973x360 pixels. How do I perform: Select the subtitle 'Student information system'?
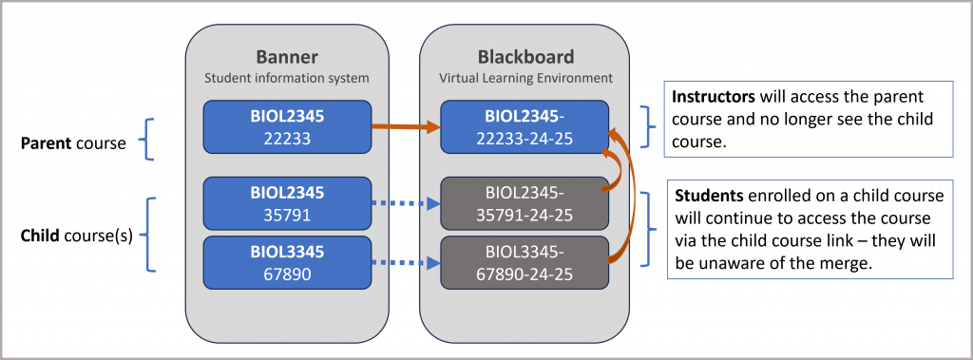(286, 77)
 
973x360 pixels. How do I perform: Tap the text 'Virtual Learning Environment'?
(525, 77)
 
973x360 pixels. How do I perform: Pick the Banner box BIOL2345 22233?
(286, 126)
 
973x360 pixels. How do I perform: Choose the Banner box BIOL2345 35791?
(286, 202)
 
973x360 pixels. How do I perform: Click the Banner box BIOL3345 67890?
(286, 262)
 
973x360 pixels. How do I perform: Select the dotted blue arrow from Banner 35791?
(405, 202)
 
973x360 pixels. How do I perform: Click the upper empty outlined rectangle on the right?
(808, 119)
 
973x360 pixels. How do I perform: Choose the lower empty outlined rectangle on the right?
(810, 229)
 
